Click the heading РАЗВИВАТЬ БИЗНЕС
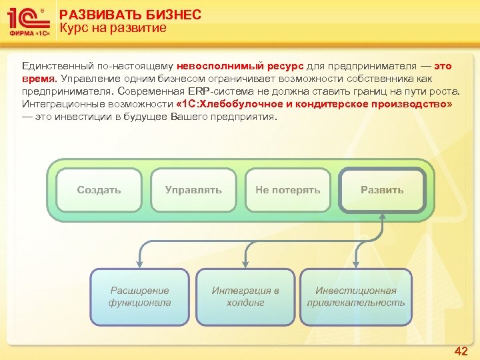130,15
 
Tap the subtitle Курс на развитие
113,28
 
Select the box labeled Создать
99,190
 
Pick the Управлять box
193,190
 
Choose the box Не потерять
287,190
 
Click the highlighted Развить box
382,190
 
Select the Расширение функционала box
139,297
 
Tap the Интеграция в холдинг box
245,297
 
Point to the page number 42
461,351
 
